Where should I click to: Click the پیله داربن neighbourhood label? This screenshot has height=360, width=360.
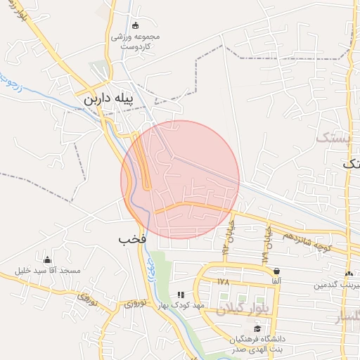(112, 99)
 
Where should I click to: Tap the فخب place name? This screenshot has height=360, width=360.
(132, 239)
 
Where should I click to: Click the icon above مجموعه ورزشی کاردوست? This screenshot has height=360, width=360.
(136, 25)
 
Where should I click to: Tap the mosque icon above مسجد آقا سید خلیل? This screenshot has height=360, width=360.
(47, 259)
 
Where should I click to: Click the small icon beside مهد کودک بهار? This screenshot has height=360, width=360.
(181, 295)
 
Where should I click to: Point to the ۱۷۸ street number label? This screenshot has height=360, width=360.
(224, 281)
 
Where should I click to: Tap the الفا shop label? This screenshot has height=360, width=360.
(276, 281)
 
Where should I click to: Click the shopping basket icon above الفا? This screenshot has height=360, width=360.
(276, 271)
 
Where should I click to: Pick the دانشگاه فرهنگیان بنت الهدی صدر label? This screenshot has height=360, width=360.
(257, 343)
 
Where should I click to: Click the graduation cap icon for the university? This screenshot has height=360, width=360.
(257, 329)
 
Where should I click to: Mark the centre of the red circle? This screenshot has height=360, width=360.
(180, 179)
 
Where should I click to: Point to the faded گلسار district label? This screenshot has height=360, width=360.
(346, 318)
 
